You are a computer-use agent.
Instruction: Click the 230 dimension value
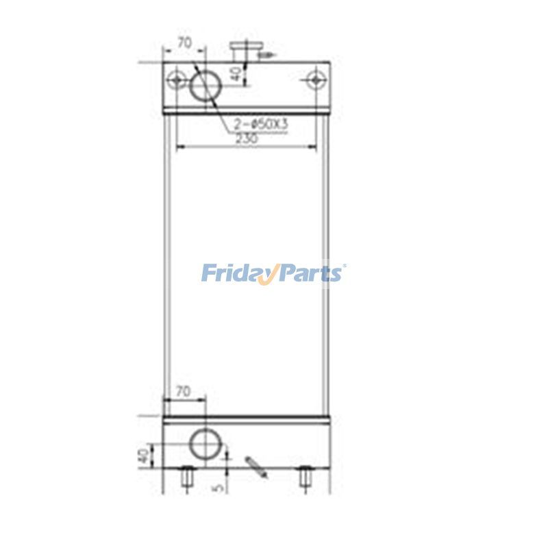(x=246, y=139)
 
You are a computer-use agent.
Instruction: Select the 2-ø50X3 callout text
(x=262, y=125)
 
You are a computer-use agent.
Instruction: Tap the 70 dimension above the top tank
(x=184, y=42)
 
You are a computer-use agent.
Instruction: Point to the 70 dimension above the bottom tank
(x=182, y=393)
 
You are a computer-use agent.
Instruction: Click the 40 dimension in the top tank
(x=235, y=73)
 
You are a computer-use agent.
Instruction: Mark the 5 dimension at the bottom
(x=219, y=487)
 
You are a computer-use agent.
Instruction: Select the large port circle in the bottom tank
(x=205, y=444)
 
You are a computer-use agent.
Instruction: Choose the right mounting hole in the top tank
(x=315, y=79)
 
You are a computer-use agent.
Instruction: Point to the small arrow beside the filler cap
(x=269, y=53)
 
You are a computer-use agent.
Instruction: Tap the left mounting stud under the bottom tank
(x=185, y=477)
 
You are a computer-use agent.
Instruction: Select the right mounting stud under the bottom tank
(x=306, y=477)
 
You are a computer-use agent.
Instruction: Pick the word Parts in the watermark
(x=311, y=274)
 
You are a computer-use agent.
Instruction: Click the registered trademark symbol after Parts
(x=344, y=268)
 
